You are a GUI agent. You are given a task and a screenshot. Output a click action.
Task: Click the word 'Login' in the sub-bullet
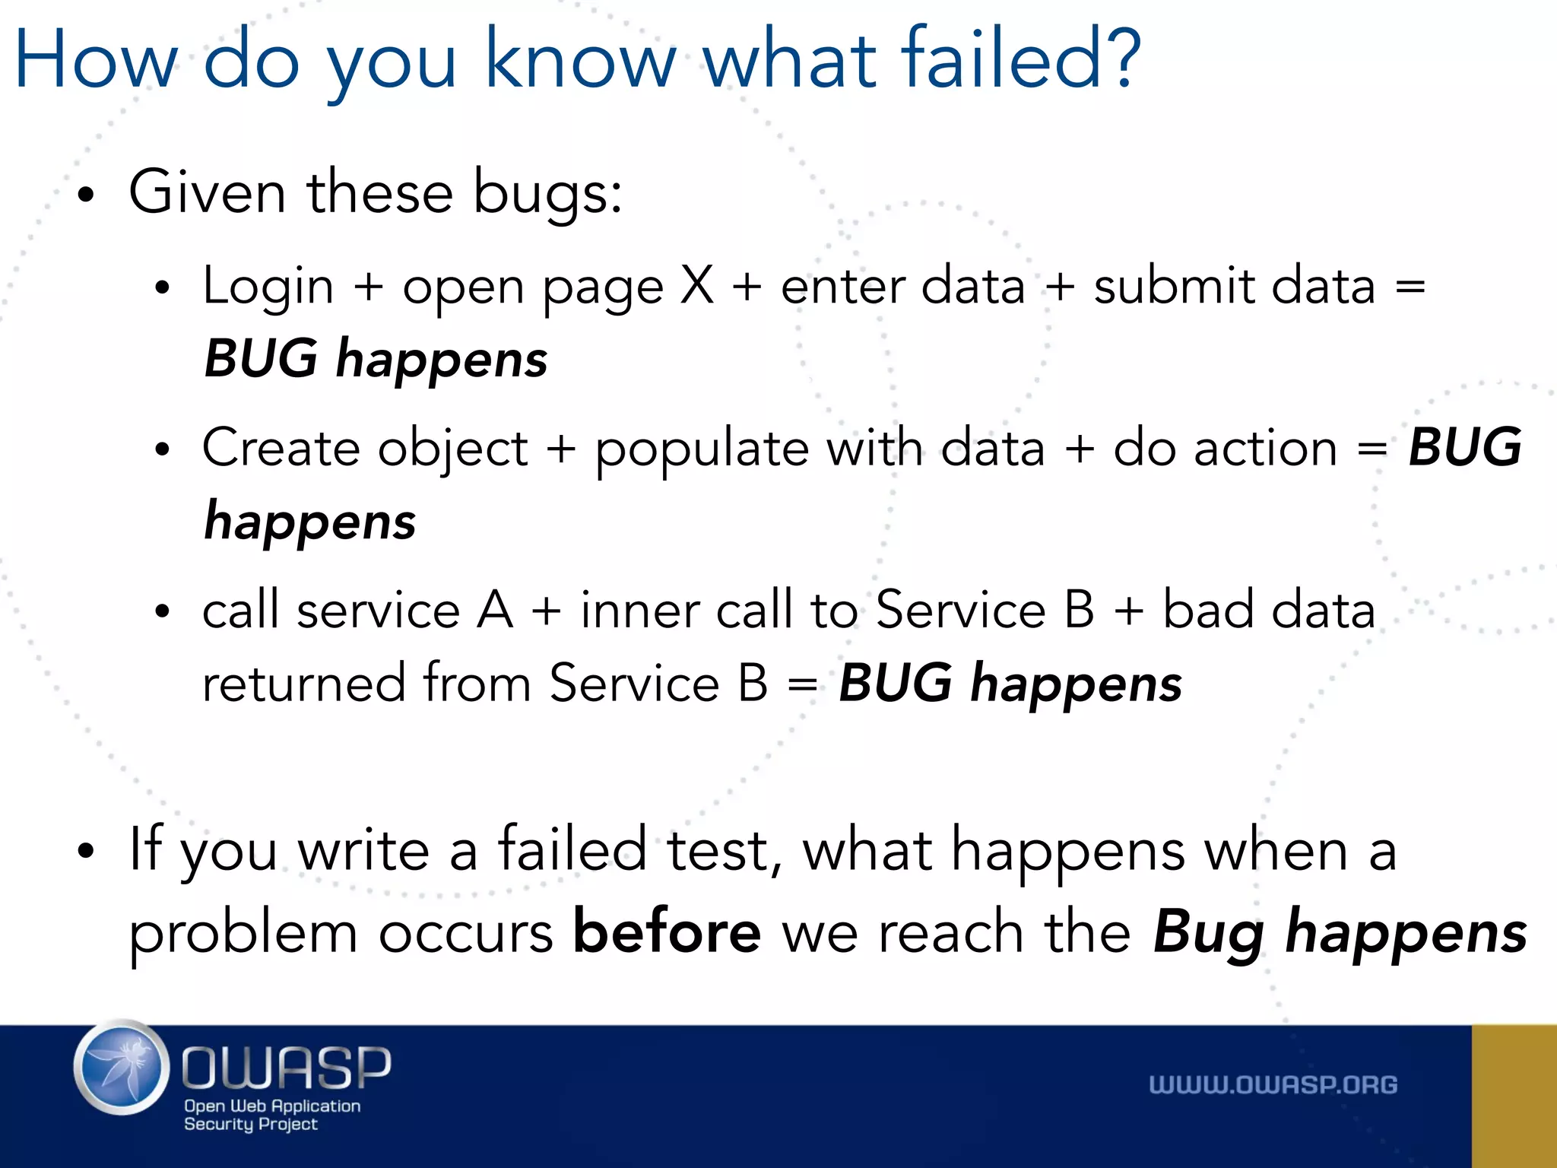268,287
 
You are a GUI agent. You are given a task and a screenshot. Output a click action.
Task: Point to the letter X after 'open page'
697,286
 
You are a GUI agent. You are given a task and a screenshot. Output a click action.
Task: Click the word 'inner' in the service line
639,611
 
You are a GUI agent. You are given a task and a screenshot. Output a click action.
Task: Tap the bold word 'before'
667,932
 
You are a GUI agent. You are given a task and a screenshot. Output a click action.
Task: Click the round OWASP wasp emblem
122,1068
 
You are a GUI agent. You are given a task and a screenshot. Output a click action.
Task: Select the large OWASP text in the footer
287,1066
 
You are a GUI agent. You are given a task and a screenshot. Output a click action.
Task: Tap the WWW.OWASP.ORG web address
1273,1084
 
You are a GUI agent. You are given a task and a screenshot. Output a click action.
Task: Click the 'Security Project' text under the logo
250,1124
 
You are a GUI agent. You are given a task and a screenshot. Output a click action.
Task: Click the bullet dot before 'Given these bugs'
87,195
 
